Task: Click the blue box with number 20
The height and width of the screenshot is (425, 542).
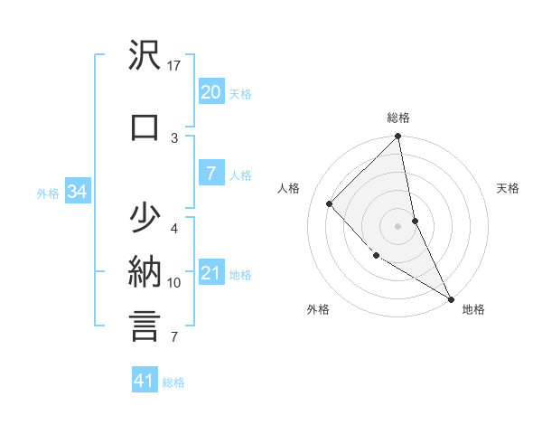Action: coord(210,92)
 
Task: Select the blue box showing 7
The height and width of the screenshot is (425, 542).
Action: coord(210,175)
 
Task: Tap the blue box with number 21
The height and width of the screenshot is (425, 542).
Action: coord(210,274)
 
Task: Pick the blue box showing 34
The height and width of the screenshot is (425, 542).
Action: coord(77,192)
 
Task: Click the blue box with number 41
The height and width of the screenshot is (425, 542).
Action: coord(145,381)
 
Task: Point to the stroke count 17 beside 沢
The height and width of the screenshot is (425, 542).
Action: coord(174,65)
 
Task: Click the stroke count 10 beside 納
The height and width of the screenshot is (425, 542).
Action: coord(174,283)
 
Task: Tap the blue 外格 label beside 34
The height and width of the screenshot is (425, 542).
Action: coord(48,193)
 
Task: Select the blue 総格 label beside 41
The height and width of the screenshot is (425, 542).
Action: coord(173,382)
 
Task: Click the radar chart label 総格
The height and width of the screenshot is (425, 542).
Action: coord(398,118)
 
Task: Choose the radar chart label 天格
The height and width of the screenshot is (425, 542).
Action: coord(509,188)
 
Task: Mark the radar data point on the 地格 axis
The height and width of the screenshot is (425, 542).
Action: coord(451,298)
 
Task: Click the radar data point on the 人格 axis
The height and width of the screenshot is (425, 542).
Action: coord(330,203)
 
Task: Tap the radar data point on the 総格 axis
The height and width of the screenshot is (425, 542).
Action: coord(398,137)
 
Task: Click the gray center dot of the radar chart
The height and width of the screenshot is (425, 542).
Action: coord(398,226)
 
